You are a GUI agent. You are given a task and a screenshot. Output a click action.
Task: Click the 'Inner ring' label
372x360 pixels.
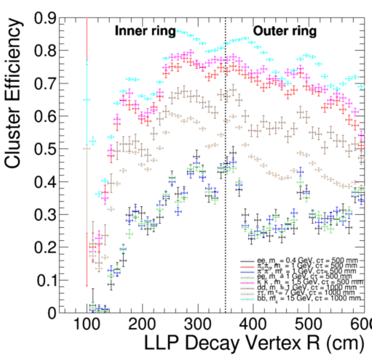coord(145,32)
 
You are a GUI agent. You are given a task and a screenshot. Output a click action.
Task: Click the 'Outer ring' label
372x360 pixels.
coord(284,32)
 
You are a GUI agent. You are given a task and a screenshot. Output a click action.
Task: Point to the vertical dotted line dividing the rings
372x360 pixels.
coord(225,170)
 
